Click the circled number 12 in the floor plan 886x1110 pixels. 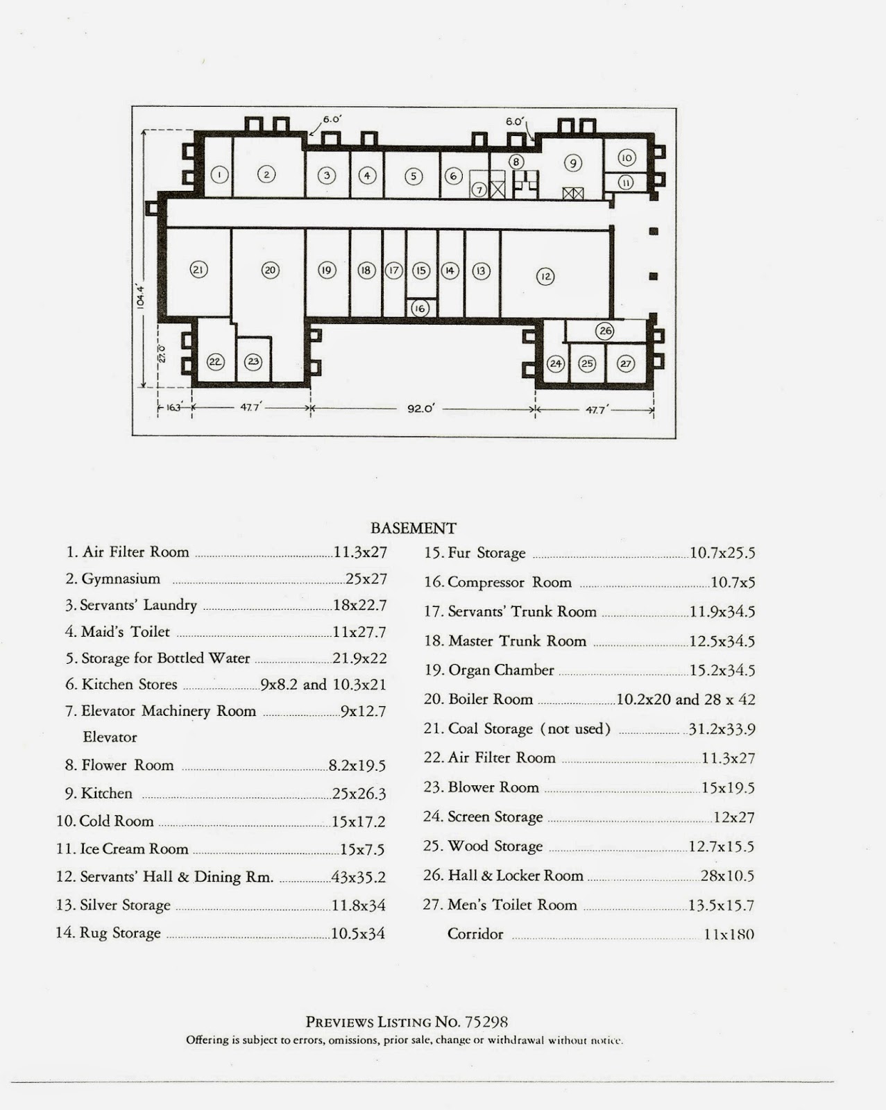point(545,277)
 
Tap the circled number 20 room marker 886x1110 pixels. point(270,270)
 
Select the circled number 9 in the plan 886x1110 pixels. point(572,163)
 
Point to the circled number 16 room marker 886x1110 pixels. point(420,308)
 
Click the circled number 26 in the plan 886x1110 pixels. point(606,330)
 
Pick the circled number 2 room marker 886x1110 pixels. point(266,174)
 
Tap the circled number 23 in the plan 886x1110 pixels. point(253,361)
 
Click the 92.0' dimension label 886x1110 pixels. point(420,409)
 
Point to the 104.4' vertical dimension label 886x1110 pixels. point(140,296)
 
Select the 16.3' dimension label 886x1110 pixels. point(173,408)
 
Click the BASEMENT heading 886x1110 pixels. point(414,529)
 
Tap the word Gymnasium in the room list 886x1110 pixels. point(121,579)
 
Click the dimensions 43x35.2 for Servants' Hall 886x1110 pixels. point(358,877)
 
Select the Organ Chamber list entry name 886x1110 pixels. point(501,670)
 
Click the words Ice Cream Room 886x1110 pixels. point(134,849)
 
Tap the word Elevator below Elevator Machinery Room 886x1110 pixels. point(110,737)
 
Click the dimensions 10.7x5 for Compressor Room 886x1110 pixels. point(733,583)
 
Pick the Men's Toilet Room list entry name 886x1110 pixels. point(512,905)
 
